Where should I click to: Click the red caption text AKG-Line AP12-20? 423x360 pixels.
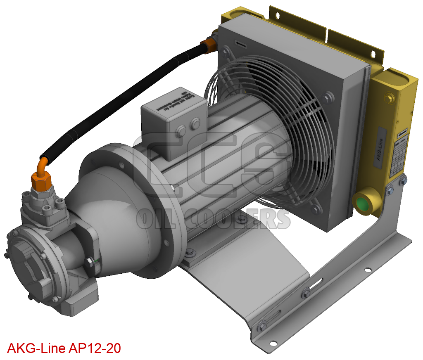[x=64, y=348]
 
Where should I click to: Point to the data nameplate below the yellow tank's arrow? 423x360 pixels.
[x=398, y=159]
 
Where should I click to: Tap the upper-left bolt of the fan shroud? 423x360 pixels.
[x=225, y=52]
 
